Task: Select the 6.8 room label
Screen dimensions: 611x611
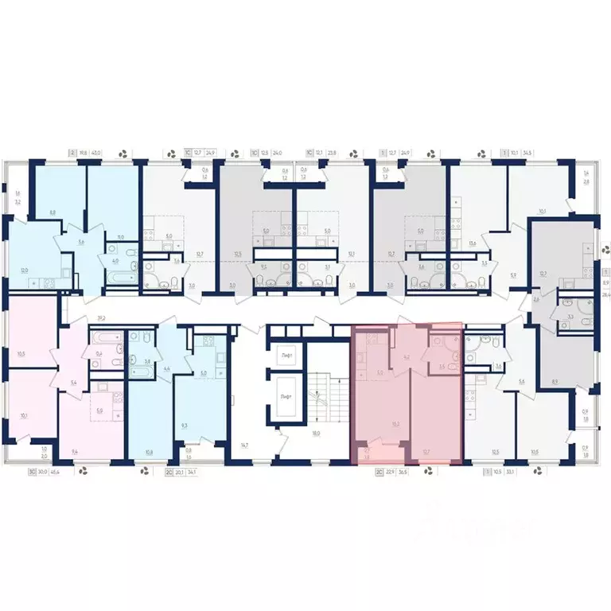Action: tap(53, 212)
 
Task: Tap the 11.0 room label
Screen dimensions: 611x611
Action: tap(120, 237)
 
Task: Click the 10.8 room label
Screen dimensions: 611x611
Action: tap(150, 452)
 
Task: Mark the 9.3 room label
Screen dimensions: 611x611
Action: tap(185, 426)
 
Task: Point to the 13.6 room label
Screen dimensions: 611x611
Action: tap(473, 244)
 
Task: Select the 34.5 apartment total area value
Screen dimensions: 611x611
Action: tap(528, 153)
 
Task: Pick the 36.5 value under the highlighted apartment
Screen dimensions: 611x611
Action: tap(403, 472)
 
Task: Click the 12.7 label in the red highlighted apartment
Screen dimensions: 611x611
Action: tap(426, 452)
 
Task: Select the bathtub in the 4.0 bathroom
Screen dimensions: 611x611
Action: tap(116, 280)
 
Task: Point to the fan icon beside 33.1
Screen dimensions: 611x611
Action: tap(539, 472)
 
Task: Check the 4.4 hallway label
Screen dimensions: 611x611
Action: tap(166, 368)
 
